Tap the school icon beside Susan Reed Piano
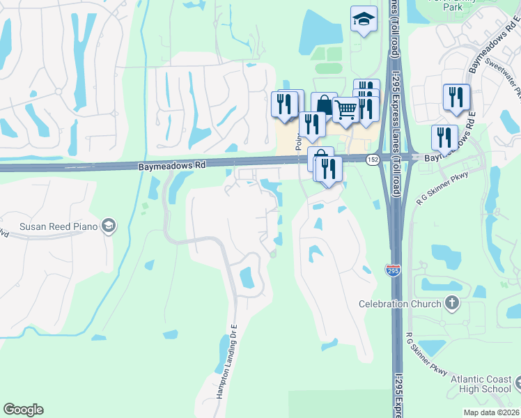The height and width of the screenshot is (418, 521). point(108,225)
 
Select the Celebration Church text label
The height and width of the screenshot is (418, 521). point(400,304)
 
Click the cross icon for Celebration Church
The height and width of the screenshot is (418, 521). point(452,303)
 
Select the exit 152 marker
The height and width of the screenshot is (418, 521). point(373,160)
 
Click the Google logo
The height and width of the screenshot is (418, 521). point(23,410)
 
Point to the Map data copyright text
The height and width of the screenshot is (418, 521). point(492,412)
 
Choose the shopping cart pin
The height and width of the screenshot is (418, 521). point(345,109)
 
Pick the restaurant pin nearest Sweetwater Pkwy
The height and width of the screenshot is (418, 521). point(456,97)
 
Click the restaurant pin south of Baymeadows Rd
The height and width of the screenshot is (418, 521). point(328,169)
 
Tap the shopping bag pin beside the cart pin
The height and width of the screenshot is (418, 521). point(324,105)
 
